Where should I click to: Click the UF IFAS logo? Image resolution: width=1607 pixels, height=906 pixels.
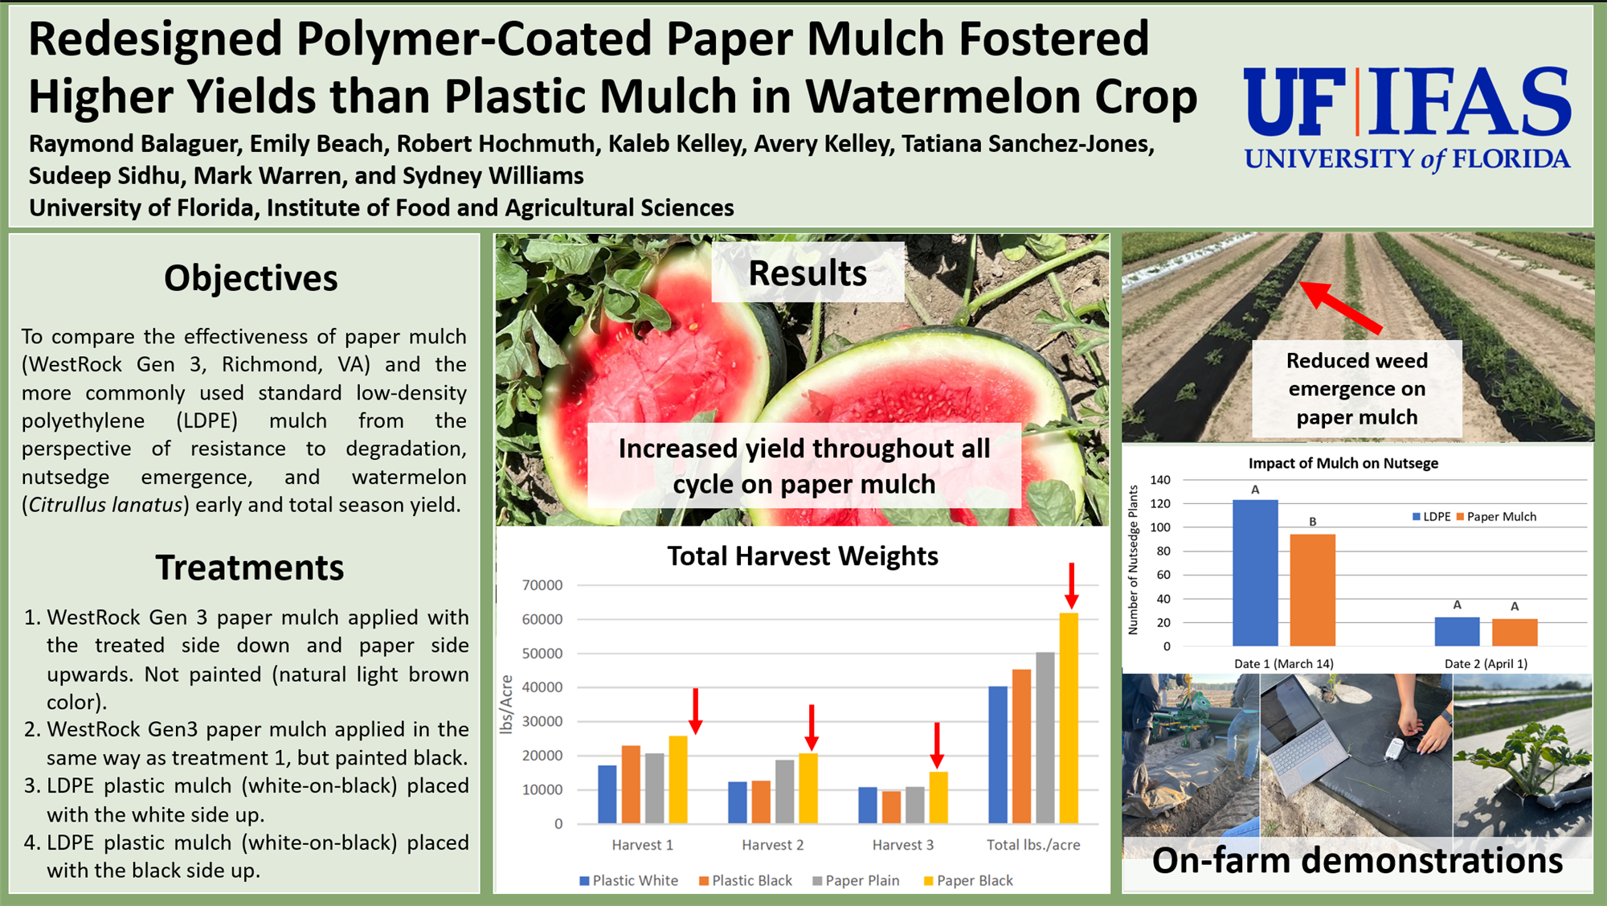1407,119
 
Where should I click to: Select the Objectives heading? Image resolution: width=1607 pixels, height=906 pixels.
251,279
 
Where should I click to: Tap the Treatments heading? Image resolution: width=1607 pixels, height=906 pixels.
250,568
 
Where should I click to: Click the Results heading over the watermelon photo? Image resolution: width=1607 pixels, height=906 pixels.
808,273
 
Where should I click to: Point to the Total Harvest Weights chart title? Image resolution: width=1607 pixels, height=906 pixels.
803,556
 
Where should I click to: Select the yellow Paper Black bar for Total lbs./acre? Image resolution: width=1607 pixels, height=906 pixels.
1069,718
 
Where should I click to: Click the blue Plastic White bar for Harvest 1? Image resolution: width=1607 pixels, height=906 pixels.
607,794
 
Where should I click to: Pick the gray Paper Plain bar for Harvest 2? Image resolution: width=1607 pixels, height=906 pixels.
784,791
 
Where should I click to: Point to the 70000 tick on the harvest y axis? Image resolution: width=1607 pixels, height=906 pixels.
542,585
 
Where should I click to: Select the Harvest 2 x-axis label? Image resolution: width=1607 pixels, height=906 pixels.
772,845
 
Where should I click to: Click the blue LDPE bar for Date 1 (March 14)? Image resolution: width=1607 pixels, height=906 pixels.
1255,573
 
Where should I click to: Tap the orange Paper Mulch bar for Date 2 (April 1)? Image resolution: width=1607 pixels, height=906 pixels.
1515,633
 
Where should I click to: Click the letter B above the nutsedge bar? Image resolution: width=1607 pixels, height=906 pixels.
1313,522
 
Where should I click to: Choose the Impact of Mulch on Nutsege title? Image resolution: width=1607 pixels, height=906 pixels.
1343,464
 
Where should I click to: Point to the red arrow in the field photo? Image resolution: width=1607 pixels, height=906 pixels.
1340,307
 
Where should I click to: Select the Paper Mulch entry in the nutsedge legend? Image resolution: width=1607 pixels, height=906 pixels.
1496,517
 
